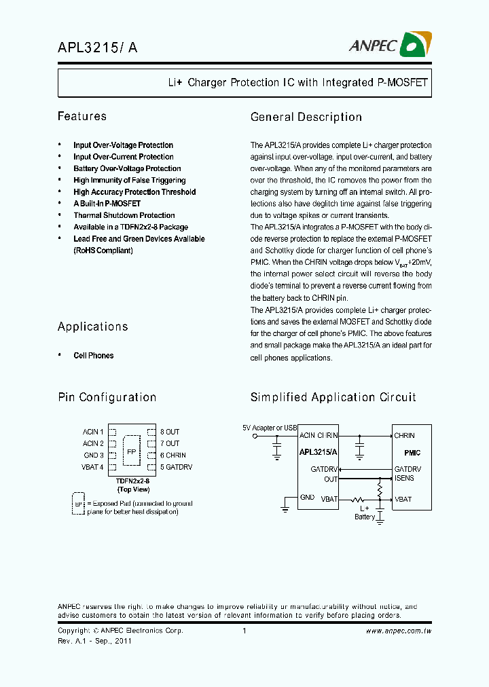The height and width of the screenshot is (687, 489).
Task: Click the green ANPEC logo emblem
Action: [414, 45]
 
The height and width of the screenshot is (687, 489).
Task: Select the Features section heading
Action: [82, 117]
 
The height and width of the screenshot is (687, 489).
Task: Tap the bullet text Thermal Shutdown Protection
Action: [124, 215]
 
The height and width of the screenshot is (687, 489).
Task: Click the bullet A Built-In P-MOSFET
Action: [107, 204]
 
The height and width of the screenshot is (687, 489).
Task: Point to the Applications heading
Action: [93, 327]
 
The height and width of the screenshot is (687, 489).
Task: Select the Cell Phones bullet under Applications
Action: [94, 356]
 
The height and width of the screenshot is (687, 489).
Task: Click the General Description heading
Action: [306, 117]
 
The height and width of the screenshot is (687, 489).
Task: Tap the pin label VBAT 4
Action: [93, 467]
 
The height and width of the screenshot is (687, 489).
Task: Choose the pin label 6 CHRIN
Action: [173, 456]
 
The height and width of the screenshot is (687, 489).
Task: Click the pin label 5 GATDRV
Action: [177, 467]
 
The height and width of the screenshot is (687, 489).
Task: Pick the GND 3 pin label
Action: [94, 456]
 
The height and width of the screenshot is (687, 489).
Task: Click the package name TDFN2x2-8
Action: [133, 481]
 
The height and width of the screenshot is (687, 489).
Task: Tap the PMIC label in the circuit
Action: [412, 452]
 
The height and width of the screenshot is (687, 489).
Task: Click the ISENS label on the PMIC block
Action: [404, 479]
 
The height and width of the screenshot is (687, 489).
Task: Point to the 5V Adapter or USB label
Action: [270, 428]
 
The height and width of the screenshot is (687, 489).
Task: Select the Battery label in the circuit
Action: [365, 517]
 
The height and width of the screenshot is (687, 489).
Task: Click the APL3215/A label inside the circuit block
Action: [318, 452]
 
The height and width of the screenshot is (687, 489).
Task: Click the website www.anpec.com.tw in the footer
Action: [399, 631]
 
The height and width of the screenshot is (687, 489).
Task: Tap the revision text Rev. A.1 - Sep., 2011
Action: [95, 640]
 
